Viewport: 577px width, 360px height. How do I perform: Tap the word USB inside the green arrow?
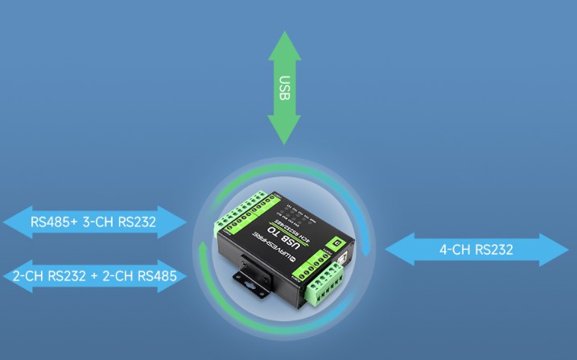pos(284,88)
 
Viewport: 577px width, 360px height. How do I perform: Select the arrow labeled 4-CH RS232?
pos(476,250)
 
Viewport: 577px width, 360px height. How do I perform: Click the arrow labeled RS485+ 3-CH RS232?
pos(93,221)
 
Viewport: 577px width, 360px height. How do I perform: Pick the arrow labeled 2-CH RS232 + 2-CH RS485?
pos(93,275)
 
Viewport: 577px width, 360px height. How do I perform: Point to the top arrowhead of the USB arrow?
pos(284,45)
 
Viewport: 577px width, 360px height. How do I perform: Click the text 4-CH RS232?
pos(476,250)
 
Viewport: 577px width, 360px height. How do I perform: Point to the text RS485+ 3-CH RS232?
pos(93,221)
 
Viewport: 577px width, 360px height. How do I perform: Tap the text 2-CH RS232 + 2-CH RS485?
pos(93,275)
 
